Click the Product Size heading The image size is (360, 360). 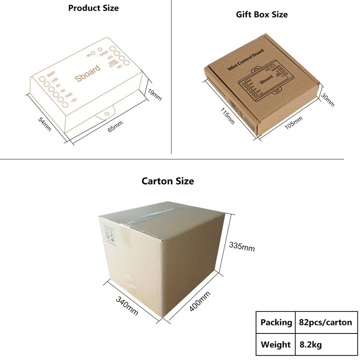[x=94, y=8]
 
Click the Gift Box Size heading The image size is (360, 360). [x=262, y=14]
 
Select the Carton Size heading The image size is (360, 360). [x=168, y=181]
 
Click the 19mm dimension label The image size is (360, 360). [x=154, y=95]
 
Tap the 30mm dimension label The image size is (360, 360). [x=328, y=100]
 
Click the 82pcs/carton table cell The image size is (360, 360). [x=325, y=322]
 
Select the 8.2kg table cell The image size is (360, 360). [x=310, y=345]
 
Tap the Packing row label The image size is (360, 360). [x=276, y=322]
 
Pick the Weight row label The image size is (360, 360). [x=276, y=345]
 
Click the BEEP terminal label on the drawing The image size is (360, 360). [x=50, y=72]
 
